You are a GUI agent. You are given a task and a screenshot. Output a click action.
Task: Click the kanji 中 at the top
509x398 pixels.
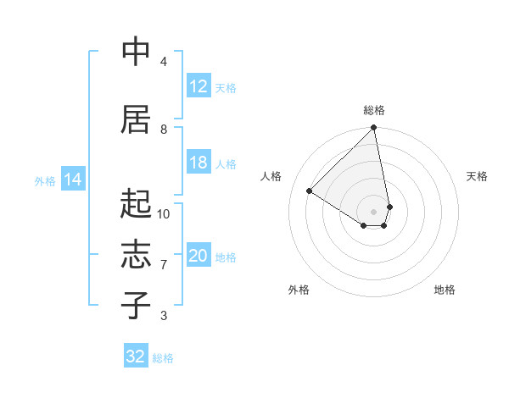[x=137, y=52]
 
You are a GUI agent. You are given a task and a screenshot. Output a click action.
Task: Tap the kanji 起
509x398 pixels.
[x=137, y=204]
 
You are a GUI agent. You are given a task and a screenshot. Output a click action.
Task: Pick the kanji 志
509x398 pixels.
[x=137, y=255]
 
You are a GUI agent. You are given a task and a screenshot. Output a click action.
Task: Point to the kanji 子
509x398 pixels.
[x=137, y=306]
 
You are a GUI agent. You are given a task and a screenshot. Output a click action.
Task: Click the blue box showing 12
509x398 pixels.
[x=199, y=86]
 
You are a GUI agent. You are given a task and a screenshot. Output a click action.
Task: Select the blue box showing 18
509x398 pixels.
[x=199, y=163]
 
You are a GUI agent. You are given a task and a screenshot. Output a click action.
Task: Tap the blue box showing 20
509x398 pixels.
[x=199, y=256]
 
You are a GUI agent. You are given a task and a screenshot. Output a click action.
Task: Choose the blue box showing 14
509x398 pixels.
[x=73, y=180]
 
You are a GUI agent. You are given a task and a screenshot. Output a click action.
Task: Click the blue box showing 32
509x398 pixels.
[x=136, y=357]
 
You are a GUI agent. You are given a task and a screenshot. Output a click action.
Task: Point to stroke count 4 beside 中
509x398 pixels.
[x=164, y=62]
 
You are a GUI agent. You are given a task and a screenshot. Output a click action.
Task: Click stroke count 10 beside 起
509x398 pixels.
[x=164, y=214]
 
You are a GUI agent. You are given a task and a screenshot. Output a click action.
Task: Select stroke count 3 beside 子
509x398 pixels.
[x=164, y=316]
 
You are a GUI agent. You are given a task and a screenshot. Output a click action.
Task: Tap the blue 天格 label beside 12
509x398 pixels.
[x=226, y=87]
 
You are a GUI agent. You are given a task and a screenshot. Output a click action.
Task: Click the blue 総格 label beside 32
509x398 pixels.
[x=163, y=357]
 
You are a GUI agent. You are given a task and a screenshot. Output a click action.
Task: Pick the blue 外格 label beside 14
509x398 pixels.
[x=45, y=180]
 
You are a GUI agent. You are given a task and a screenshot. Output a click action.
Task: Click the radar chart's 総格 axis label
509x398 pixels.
[x=373, y=110]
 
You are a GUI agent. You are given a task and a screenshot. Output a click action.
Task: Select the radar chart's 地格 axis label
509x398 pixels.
[x=445, y=290]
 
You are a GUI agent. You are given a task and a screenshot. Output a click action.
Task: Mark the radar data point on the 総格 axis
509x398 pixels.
[x=373, y=129]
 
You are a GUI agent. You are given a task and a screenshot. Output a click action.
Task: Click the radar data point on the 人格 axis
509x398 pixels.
[x=310, y=191]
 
